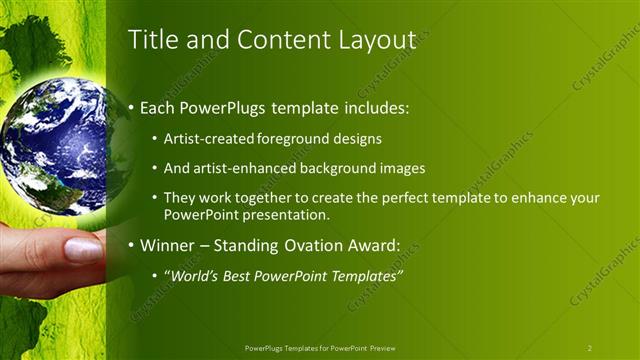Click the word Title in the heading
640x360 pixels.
pos(151,39)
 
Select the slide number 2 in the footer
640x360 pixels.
pos(590,348)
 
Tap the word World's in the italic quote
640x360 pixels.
pos(193,275)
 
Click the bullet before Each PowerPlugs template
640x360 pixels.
pos(132,107)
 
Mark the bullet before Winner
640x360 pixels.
pos(132,245)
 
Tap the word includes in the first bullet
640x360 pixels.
pos(377,107)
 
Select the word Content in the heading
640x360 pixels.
pos(272,39)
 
